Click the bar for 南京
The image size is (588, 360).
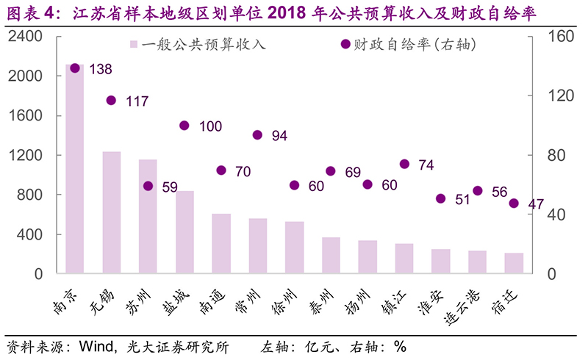(74, 169)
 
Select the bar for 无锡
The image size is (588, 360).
(111, 213)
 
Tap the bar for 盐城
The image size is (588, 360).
(184, 232)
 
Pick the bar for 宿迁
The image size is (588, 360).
(514, 264)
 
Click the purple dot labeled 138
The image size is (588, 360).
(74, 68)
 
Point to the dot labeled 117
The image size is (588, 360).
(111, 100)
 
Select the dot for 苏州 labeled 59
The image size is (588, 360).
(148, 187)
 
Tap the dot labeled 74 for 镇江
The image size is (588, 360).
(404, 164)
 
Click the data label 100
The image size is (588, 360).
(210, 126)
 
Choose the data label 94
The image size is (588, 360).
(279, 135)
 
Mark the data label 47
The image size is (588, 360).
(536, 204)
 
